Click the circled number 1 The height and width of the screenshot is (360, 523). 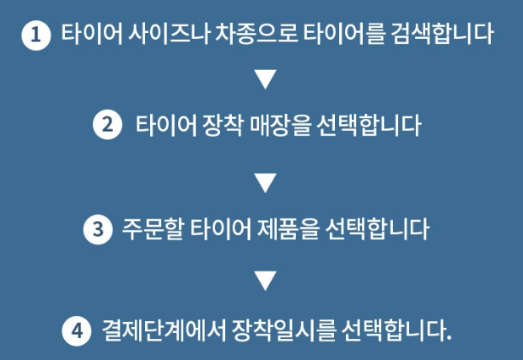point(35,35)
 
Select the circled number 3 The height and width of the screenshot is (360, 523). point(98,228)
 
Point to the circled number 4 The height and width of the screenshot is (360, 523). point(76,329)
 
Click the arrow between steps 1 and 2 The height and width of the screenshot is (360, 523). point(265,80)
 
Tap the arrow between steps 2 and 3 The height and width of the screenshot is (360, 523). point(265,180)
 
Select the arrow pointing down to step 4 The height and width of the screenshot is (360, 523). point(265,279)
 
